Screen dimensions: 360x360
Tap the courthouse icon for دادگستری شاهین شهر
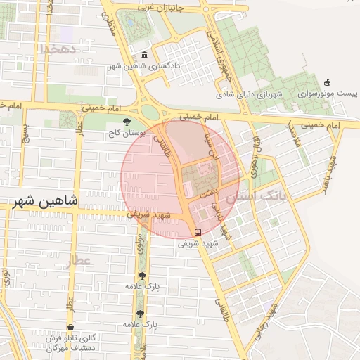coord(145,56)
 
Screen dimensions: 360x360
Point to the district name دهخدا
coord(57,49)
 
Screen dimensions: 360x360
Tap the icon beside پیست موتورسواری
coord(326,82)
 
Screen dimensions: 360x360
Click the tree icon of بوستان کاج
coord(127,122)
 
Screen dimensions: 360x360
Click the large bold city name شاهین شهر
coord(44,200)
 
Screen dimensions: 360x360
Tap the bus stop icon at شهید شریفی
coord(198,232)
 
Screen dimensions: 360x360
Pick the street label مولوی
coord(140,245)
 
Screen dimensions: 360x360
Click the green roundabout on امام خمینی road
coord(149,111)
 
